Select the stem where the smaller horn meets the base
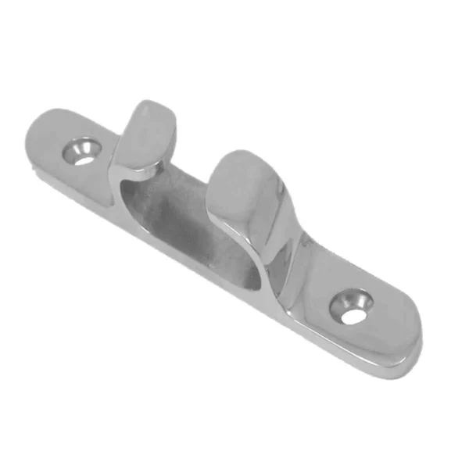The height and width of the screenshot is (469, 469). click(x=117, y=164)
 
